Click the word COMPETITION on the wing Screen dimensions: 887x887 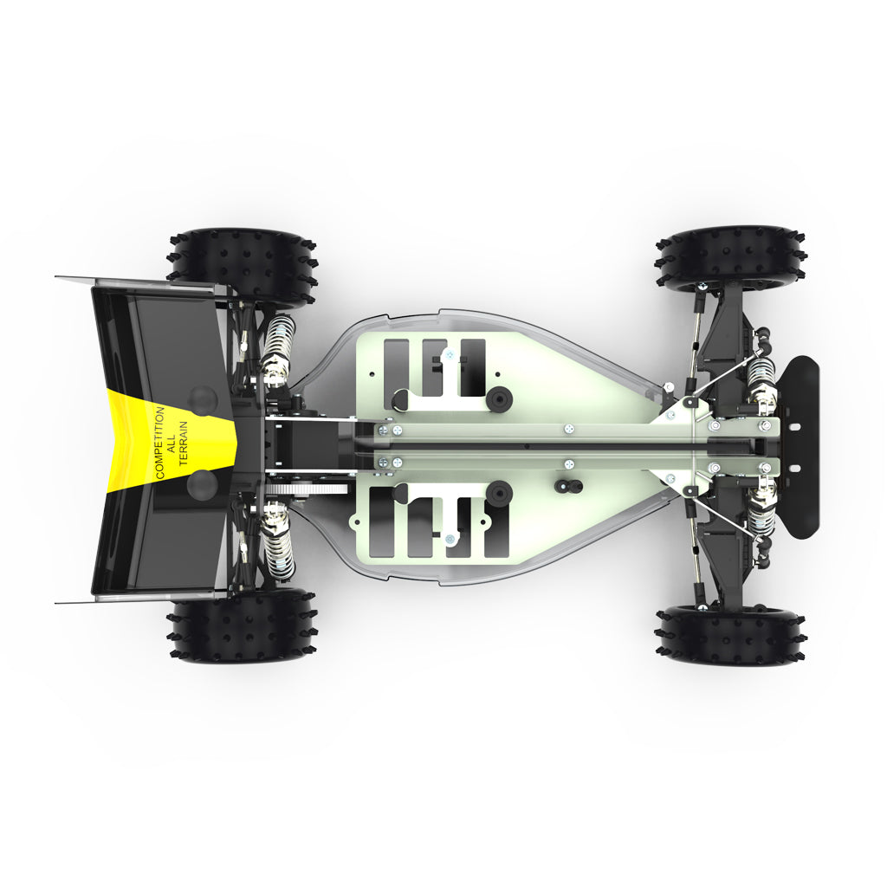160,443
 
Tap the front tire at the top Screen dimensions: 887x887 731,257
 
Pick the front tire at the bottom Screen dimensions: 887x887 731,635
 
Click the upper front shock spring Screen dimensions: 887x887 761,374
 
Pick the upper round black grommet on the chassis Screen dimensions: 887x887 499,398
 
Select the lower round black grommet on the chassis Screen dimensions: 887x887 500,493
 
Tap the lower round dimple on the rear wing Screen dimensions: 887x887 201,484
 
